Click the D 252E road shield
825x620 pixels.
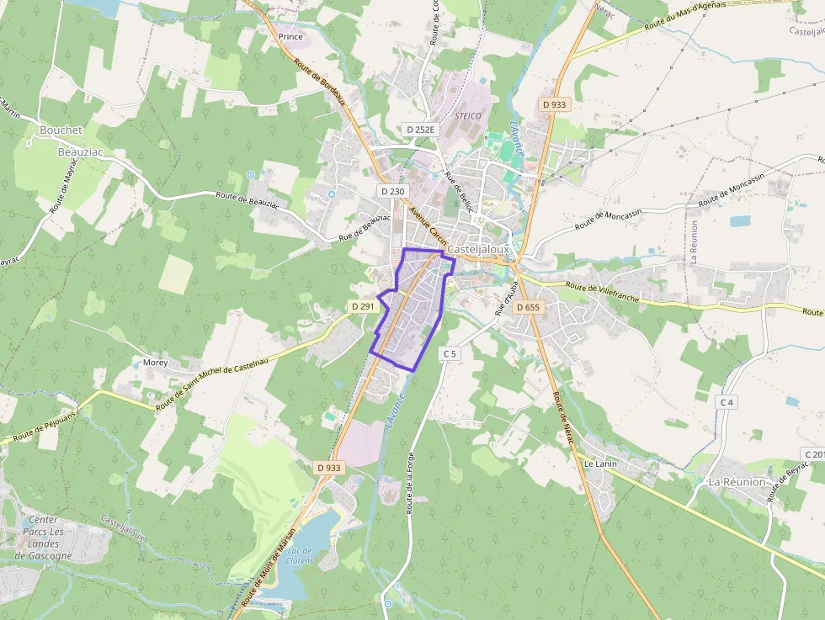coord(419,130)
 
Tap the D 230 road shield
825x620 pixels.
coord(392,192)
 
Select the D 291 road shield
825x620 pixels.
coord(362,306)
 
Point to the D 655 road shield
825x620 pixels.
coord(528,307)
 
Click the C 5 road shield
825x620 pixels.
coord(450,354)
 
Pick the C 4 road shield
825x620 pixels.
coord(727,403)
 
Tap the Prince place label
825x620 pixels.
coord(290,37)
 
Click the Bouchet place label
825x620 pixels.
coord(61,130)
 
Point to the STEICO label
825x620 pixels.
coord(468,116)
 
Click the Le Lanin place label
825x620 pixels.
coord(600,464)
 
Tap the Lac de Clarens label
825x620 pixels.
coord(301,555)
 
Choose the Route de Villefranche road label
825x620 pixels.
coord(603,292)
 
